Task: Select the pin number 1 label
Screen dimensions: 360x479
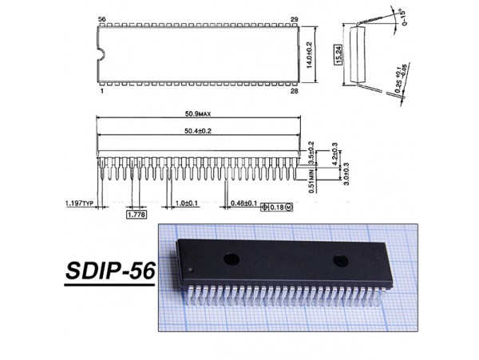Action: coord(102,93)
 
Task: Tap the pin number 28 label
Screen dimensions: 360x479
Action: coord(295,93)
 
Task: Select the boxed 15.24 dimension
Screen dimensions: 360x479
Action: coord(338,56)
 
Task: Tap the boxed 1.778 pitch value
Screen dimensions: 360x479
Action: coord(136,214)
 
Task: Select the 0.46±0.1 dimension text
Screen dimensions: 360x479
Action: coord(243,204)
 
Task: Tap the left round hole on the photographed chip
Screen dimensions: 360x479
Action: coord(231,258)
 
